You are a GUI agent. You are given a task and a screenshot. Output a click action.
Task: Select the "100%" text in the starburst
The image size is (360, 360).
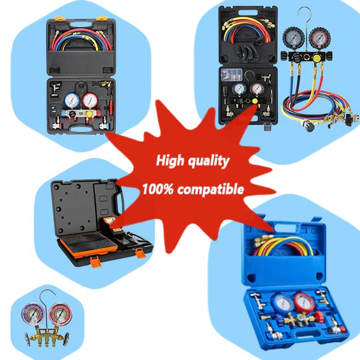158,190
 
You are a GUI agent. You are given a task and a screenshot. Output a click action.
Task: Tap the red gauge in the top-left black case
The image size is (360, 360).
91,99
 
